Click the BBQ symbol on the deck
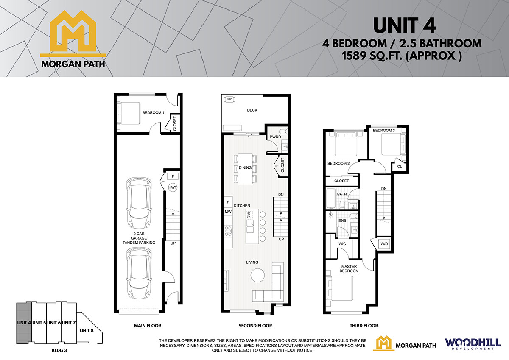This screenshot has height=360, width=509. pos(229,99)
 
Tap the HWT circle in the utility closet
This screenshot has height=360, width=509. pos(173,187)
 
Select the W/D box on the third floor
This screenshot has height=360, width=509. pos(384,244)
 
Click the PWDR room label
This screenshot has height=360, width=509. pos(275,137)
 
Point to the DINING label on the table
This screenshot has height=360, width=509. pos(245,167)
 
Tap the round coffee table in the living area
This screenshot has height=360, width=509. pos(257,275)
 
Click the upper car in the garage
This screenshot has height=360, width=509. pos(139,203)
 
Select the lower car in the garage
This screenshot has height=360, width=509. pos(139,273)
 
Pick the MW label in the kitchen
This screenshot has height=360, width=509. pos(228,212)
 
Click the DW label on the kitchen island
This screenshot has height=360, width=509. pos(249,215)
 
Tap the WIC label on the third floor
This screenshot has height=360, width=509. pos(342,244)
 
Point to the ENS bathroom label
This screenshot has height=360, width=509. pos(342,220)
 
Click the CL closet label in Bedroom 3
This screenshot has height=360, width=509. pos(400,167)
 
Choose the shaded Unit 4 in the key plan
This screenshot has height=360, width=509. pos(24,323)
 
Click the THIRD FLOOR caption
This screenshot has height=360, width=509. pos(364,326)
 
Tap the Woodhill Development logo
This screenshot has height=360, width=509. pos(473,344)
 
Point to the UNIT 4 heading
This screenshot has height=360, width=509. pos(404,26)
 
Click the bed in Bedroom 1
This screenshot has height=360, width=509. pos(129,113)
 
